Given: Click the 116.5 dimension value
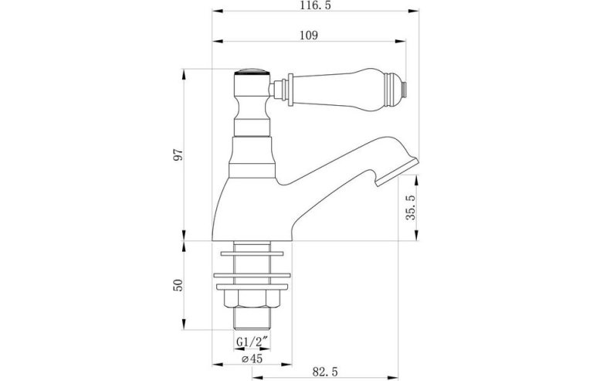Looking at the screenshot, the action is click(315, 5).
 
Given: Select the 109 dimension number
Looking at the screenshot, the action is click(309, 36).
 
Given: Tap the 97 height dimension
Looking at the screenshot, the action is click(178, 155).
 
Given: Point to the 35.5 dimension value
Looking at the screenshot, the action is click(411, 207).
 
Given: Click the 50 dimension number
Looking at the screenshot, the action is click(178, 284).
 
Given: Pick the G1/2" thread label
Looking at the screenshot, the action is click(252, 342).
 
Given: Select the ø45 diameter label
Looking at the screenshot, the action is click(252, 359).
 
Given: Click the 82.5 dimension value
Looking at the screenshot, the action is click(325, 372).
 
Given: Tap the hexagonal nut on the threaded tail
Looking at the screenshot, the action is click(249, 298).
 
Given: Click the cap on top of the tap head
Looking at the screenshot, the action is click(251, 72).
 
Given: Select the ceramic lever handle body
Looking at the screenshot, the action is click(337, 90).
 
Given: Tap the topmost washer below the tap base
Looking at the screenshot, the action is click(252, 253).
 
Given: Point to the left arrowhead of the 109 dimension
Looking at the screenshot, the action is click(218, 41).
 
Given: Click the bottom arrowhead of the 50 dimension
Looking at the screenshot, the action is click(185, 325).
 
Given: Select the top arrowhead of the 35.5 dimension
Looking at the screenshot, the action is click(417, 180).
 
